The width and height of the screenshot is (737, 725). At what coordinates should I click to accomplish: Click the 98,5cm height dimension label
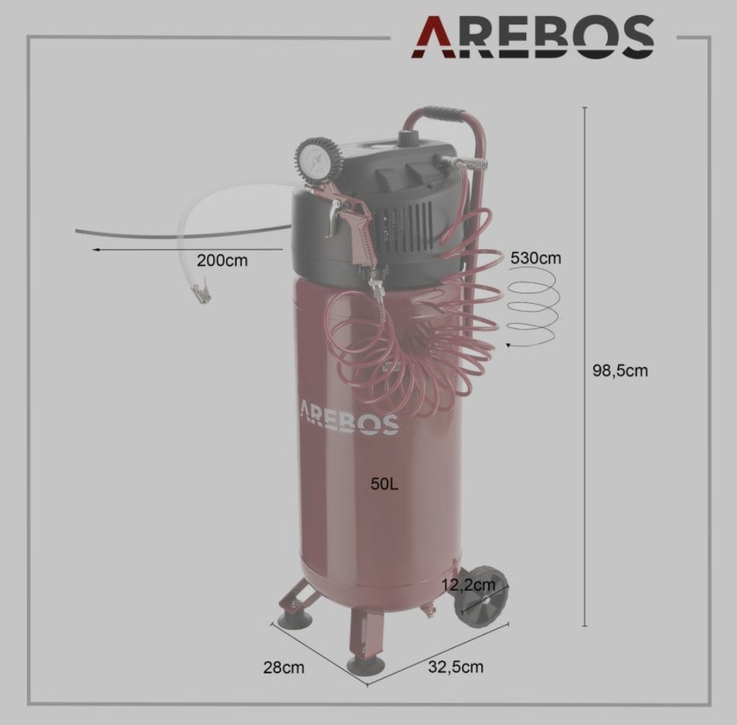click(620, 370)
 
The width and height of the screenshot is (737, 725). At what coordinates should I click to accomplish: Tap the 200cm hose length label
click(222, 260)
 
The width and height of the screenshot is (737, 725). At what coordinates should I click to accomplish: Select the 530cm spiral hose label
click(536, 258)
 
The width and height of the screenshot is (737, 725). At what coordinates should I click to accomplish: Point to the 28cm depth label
click(283, 667)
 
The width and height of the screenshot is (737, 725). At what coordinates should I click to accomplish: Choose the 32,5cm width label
click(455, 666)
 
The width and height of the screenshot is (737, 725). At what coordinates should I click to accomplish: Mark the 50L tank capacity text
click(384, 484)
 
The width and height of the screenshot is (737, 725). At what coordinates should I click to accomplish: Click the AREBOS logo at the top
click(533, 37)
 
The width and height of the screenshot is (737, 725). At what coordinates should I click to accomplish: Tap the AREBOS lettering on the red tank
click(349, 417)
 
